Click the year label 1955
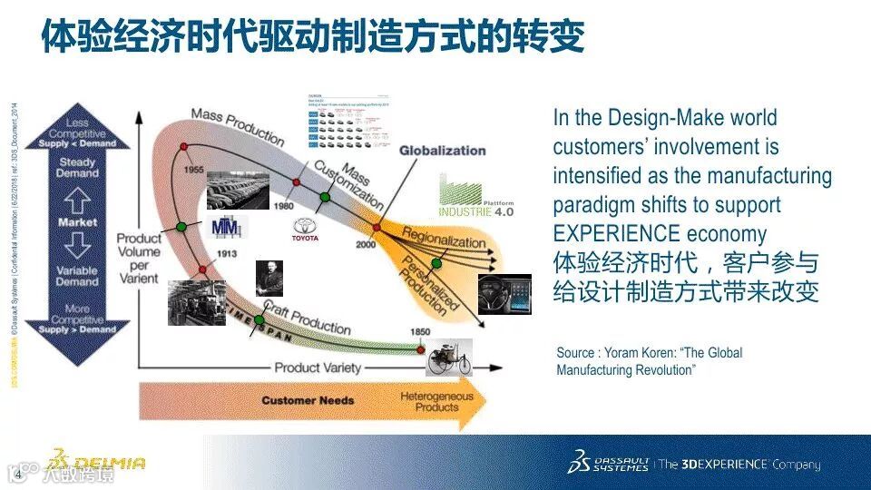point(191,170)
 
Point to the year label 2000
point(366,245)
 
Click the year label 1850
point(419,332)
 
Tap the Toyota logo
point(306,230)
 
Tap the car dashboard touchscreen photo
point(504,294)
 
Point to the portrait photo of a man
point(269,277)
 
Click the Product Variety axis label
point(318,368)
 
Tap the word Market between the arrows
point(77,222)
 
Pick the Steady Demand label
point(77,167)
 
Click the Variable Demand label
point(77,276)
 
